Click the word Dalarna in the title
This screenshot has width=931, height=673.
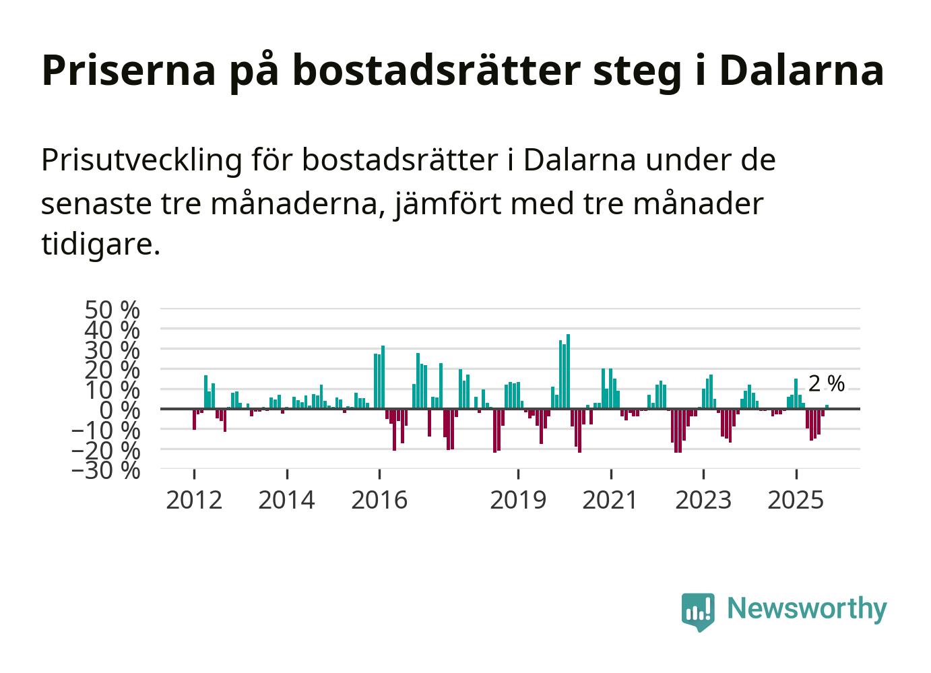click(x=801, y=70)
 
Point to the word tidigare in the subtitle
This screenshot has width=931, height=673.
click(x=100, y=244)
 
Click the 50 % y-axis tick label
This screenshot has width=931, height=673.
click(x=112, y=310)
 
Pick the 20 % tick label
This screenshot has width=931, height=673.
click(x=112, y=370)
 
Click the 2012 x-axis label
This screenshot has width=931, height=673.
click(x=194, y=501)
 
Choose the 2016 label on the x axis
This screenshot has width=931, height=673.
click(x=379, y=501)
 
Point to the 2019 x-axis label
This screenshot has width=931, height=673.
click(x=518, y=501)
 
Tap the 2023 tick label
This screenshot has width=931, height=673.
click(x=703, y=501)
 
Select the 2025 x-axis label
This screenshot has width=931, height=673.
click(x=796, y=501)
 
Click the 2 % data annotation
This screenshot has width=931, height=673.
click(x=826, y=384)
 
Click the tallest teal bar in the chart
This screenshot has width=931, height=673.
click(x=568, y=371)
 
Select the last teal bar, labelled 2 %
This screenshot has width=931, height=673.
click(x=827, y=406)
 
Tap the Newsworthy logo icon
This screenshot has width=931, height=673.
click(x=698, y=611)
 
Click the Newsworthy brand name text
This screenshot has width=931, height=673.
click(x=807, y=609)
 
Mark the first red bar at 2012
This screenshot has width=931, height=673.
click(x=194, y=419)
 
